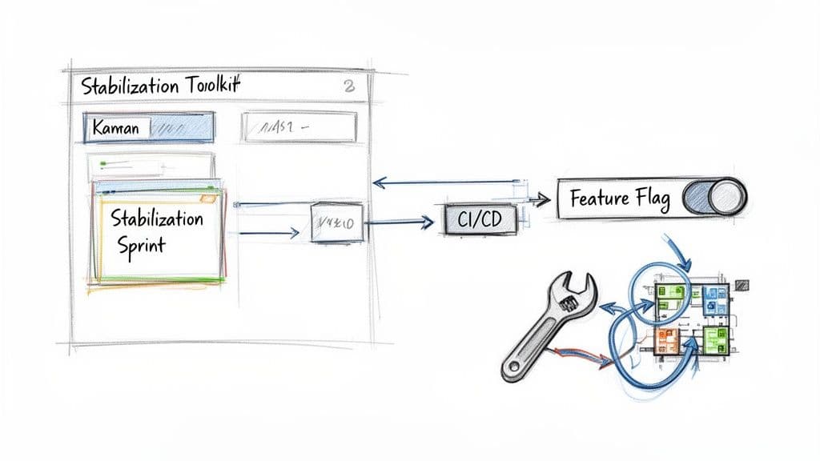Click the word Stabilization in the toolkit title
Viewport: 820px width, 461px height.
point(127,87)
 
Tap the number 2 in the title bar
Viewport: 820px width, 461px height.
point(348,87)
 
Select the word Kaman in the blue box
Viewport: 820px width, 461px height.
point(116,127)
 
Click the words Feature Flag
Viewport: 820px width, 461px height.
point(620,198)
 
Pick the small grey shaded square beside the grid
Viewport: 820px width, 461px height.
point(742,283)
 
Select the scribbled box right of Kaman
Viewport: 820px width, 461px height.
point(299,127)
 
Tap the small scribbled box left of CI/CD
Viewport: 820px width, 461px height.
point(336,222)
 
